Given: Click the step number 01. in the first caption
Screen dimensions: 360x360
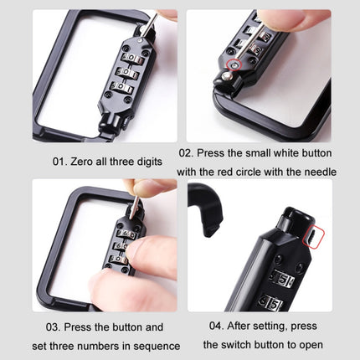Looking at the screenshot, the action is click(59, 162).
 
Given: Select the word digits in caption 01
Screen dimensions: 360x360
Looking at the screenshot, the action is click(150, 162).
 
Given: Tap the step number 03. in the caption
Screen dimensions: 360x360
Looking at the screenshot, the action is click(53, 327).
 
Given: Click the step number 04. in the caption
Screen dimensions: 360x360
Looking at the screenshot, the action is click(216, 326).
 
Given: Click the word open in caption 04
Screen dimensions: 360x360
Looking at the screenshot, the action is click(311, 345).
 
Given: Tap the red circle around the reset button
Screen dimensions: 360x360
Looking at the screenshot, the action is click(234, 65).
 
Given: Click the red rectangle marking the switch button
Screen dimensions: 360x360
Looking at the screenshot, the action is click(314, 238).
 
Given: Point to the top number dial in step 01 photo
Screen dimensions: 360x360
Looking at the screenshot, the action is click(131, 58).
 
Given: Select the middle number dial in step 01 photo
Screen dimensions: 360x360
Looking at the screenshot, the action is click(127, 73).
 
